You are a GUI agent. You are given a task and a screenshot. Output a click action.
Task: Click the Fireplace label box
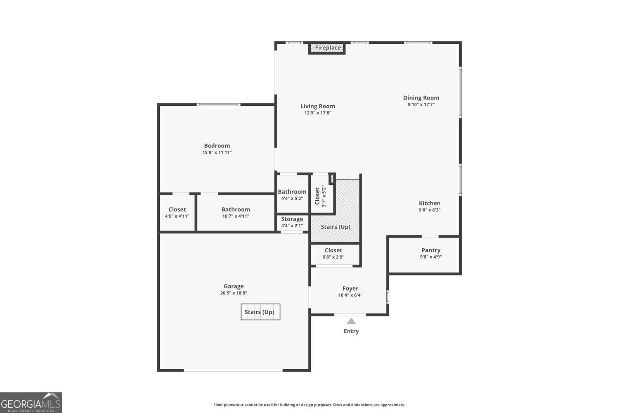tap(328, 48)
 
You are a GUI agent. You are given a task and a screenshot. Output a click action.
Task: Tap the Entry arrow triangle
tap(351, 321)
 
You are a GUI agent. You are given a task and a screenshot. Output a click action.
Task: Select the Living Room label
tap(317, 106)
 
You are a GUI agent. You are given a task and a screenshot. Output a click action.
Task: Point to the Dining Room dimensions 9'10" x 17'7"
tap(421, 105)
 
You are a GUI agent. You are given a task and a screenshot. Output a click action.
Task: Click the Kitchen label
tap(430, 203)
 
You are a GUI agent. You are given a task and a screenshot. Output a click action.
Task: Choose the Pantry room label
tap(431, 250)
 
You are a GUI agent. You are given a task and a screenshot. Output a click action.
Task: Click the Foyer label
tap(350, 288)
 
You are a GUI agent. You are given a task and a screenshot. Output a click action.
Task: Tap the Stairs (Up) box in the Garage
tap(260, 312)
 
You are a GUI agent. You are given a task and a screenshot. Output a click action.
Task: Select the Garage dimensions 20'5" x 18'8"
tap(234, 293)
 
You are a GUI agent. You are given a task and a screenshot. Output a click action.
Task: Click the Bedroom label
tap(217, 145)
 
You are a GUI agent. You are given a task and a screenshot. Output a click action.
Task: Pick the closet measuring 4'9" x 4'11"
tap(177, 213)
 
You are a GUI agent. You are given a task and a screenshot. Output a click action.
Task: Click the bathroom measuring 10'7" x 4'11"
tap(236, 213)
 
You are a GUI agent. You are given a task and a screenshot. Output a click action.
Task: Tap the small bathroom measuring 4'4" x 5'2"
tap(292, 195)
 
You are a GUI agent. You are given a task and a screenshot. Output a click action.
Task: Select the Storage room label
tap(292, 219)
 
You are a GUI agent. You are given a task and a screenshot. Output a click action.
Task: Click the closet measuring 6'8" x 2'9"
tap(333, 253)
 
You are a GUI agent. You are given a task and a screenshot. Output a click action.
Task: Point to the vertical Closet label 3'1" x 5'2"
tap(320, 196)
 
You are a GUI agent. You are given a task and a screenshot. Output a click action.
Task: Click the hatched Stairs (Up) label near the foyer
tap(335, 227)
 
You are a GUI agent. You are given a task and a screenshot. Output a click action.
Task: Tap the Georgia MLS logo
tap(31, 403)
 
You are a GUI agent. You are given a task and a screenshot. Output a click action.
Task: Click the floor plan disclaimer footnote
tap(309, 405)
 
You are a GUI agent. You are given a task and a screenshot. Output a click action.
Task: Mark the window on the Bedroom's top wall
tap(218, 104)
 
